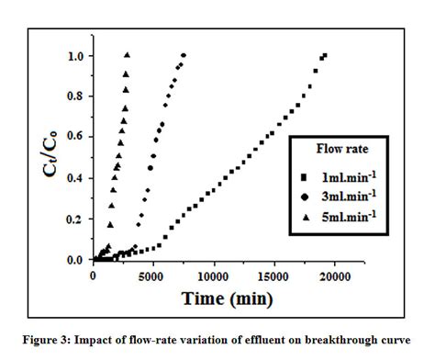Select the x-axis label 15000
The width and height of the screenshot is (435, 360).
273,275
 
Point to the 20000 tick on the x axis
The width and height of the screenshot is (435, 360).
334,275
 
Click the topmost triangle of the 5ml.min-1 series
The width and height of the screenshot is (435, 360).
127,54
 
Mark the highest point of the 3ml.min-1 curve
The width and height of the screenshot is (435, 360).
184,55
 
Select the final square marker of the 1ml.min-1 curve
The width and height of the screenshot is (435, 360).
324,55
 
